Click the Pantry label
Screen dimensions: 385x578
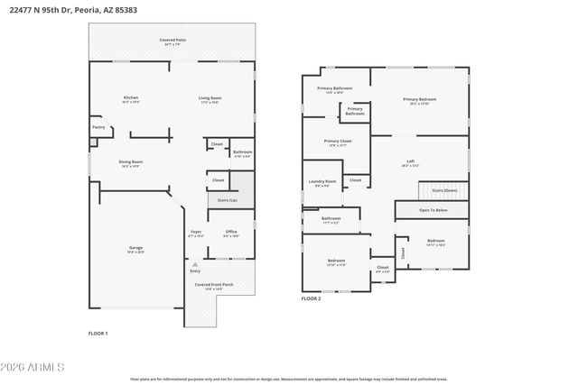[98, 127]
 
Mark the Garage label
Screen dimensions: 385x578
[135, 249]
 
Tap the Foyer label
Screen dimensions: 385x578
[196, 233]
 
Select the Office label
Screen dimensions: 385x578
[231, 233]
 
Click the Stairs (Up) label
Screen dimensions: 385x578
[228, 199]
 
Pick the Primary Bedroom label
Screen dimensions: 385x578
[420, 99]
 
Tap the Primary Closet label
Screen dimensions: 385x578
[338, 142]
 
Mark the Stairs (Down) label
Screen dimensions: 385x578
[444, 190]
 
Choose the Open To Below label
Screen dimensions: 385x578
[432, 210]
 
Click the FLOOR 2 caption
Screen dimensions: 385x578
[312, 298]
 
